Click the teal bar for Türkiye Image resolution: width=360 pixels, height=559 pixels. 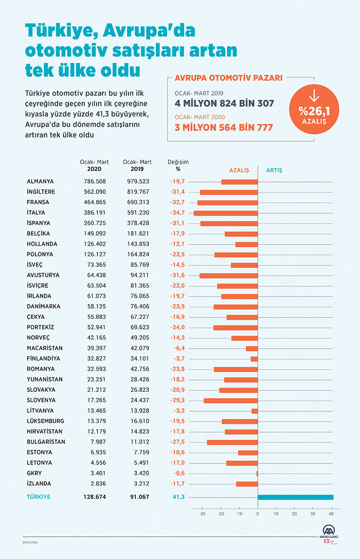[x=295, y=497]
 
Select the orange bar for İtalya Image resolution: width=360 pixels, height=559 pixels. [x=226, y=213]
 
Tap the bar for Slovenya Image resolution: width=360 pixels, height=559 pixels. [x=230, y=400]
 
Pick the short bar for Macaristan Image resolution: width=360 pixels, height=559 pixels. [x=252, y=348]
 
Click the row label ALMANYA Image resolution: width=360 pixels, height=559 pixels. [x=40, y=182]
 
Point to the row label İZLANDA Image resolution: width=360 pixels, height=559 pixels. [x=39, y=484]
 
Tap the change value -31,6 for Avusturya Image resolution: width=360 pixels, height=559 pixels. [x=177, y=275]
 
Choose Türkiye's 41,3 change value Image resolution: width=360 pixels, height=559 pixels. [x=178, y=497]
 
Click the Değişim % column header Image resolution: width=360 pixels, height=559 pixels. [x=178, y=165]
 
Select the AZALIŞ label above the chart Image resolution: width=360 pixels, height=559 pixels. [x=239, y=170]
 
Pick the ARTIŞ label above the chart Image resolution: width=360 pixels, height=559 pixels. [x=274, y=170]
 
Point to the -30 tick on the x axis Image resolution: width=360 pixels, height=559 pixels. [x=203, y=513]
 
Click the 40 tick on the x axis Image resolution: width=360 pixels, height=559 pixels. [x=331, y=513]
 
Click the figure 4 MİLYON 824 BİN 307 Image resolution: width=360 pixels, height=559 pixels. [x=224, y=103]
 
